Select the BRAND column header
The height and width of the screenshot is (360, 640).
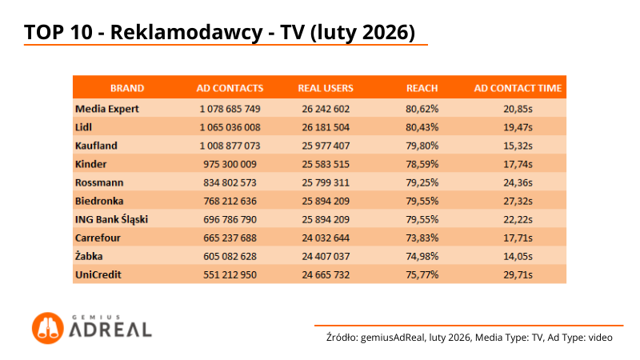[127, 88]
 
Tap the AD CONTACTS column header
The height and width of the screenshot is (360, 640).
[230, 88]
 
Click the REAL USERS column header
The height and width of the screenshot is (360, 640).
[326, 88]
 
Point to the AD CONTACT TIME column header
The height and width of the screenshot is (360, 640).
[518, 88]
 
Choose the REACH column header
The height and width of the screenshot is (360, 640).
[422, 88]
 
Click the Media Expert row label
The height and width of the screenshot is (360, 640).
[107, 108]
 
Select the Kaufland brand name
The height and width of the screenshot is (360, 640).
[97, 146]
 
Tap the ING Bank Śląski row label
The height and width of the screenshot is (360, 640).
[112, 219]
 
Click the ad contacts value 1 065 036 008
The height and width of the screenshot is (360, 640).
[230, 127]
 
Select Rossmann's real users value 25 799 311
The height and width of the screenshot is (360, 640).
[326, 182]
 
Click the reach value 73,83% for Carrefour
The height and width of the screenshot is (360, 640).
[422, 238]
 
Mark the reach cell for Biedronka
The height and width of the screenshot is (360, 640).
[422, 201]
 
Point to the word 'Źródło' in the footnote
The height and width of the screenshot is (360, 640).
[342, 338]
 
